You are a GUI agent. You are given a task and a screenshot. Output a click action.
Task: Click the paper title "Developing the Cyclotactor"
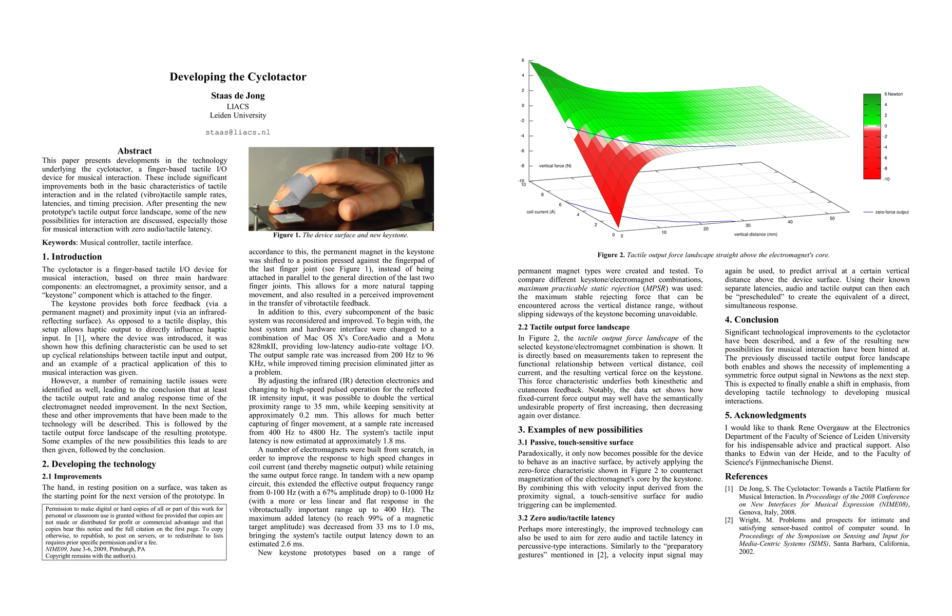pos(238,77)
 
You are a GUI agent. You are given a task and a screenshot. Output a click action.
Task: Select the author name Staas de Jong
pos(238,95)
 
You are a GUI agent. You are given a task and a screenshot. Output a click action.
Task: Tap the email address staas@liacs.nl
pos(238,132)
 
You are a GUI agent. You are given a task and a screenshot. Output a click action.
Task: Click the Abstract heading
pos(135,151)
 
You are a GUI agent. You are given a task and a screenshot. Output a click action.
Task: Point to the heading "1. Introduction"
pos(72,257)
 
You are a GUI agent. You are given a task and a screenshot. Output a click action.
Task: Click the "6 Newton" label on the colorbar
pos(893,94)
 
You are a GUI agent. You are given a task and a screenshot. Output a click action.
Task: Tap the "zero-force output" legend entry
pos(891,212)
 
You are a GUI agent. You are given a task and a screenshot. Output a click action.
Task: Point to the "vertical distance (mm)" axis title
pos(755,234)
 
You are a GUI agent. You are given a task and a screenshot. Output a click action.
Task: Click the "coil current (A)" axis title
pos(541,211)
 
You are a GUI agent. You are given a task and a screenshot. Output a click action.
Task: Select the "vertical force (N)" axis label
pos(555,166)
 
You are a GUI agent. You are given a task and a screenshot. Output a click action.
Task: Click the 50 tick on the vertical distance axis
pos(832,218)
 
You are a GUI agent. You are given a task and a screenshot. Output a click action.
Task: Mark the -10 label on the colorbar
pos(887,179)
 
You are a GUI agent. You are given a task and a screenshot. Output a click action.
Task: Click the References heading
pos(746,476)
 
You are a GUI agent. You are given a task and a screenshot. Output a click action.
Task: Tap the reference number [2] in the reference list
pos(729,520)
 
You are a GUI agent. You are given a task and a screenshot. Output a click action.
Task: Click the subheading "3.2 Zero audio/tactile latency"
pos(566,518)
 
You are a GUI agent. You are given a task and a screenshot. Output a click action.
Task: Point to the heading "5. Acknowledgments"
pos(765,415)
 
